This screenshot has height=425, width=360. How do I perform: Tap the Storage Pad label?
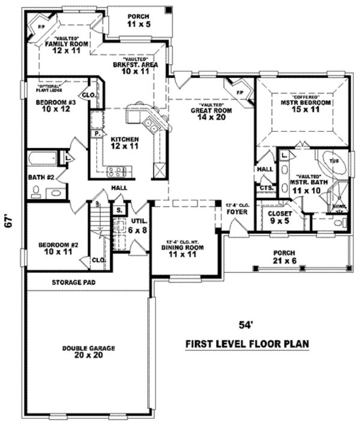pyautogui.click(x=74, y=282)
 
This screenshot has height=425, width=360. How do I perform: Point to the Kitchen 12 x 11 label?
pyautogui.click(x=125, y=142)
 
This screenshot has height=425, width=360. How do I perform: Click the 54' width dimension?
pyautogui.click(x=246, y=325)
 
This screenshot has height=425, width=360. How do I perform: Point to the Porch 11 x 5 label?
pyautogui.click(x=138, y=20)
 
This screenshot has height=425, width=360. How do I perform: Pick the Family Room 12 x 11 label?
pyautogui.click(x=67, y=47)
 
